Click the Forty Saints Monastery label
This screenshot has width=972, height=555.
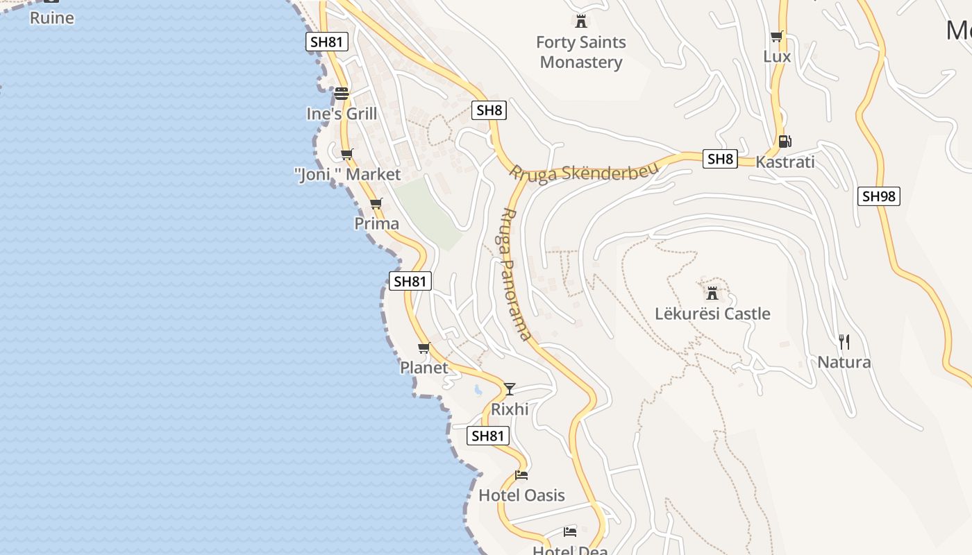(x=581, y=52)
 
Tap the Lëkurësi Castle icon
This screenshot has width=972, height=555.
(x=712, y=293)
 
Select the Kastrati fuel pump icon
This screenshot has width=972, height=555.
(x=785, y=142)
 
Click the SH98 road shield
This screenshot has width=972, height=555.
(x=878, y=196)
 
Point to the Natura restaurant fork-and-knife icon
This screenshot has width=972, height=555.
(x=844, y=341)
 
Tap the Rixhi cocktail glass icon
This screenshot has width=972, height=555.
(x=510, y=388)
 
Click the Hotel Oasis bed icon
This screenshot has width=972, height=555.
(x=521, y=475)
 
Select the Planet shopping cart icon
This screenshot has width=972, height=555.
(x=424, y=348)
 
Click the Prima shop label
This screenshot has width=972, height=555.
(x=377, y=223)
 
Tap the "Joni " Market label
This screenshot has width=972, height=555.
(x=348, y=174)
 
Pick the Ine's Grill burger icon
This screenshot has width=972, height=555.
(x=341, y=93)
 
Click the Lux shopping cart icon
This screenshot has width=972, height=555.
(x=776, y=37)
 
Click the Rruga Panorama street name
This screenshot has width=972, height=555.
(x=516, y=274)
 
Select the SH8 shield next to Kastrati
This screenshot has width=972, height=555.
(x=719, y=159)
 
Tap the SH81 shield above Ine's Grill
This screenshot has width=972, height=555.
(x=327, y=42)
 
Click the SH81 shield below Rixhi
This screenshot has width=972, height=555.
(x=489, y=436)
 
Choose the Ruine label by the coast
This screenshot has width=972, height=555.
(x=52, y=18)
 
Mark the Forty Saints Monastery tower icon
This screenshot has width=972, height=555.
(x=581, y=22)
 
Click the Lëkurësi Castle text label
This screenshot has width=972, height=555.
(x=712, y=314)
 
